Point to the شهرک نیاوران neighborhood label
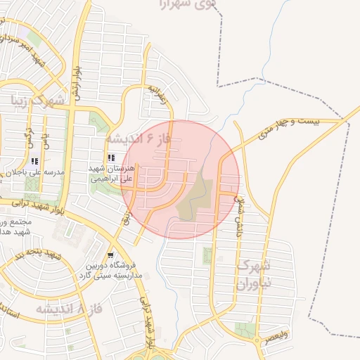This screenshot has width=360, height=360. tap(252, 275)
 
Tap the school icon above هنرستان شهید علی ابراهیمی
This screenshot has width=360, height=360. tap(110, 157)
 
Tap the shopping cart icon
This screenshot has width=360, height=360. tap(110, 255)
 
